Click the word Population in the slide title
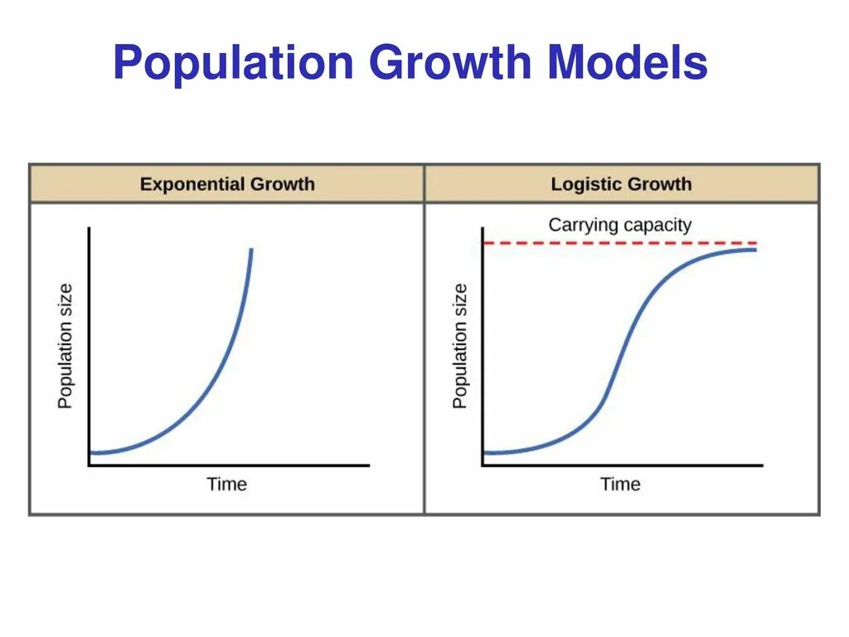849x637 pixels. [233, 63]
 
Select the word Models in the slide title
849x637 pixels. [628, 63]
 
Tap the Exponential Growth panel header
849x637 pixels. [227, 183]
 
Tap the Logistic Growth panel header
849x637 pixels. [621, 183]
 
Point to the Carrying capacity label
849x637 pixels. [619, 224]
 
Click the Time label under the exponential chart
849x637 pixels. [226, 484]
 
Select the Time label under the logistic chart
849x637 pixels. [620, 484]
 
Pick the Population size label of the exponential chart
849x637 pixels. [65, 346]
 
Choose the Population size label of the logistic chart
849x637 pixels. [460, 346]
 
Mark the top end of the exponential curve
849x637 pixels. [250, 250]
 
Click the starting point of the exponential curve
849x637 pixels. [91, 452]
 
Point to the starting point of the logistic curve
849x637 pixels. [485, 452]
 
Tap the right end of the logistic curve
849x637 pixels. [755, 249]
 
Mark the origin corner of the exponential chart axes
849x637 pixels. [89, 465]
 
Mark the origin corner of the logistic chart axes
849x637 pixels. [483, 465]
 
